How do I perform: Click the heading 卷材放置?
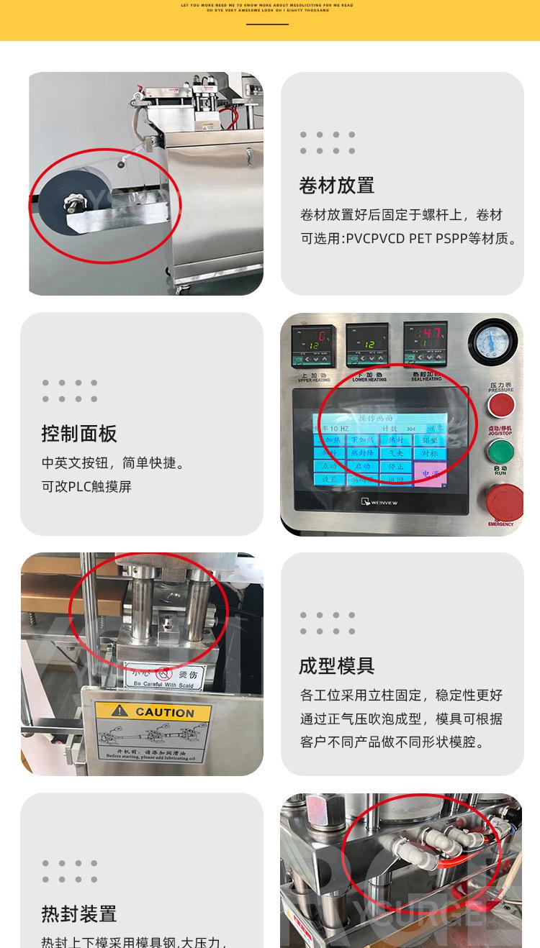(x=336, y=186)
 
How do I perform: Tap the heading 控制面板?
(x=79, y=434)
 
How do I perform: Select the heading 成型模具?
(x=336, y=666)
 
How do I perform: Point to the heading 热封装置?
(x=79, y=914)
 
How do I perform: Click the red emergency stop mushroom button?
(x=503, y=500)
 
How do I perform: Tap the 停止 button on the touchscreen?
(x=396, y=467)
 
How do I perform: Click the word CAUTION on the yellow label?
(x=164, y=713)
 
